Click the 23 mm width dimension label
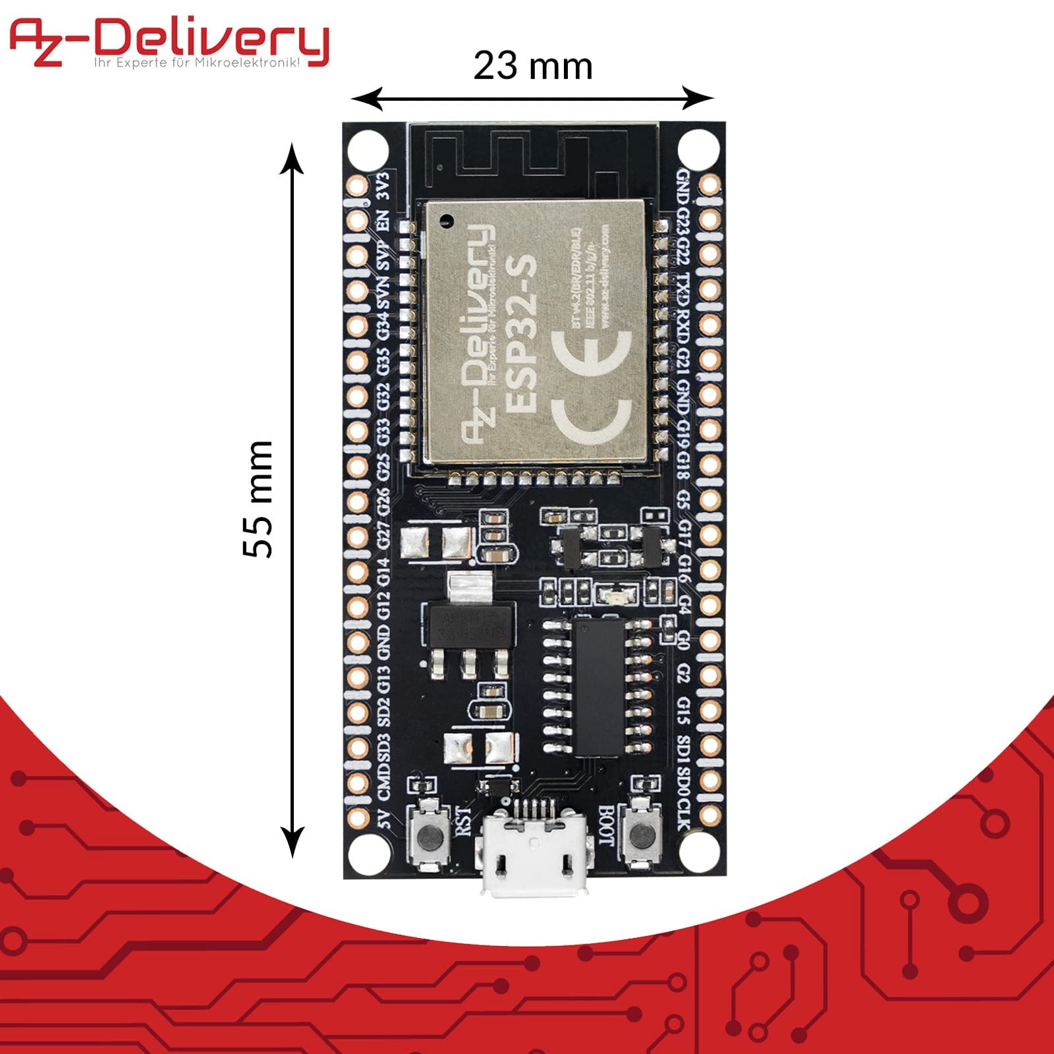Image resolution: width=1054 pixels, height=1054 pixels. pos(533,67)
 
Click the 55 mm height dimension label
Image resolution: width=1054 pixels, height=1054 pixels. pos(258,499)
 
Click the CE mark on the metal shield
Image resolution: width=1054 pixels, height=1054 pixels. pos(590,388)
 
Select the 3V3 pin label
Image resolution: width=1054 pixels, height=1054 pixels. pos(383,186)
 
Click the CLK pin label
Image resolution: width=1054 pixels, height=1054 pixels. pos(684,814)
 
